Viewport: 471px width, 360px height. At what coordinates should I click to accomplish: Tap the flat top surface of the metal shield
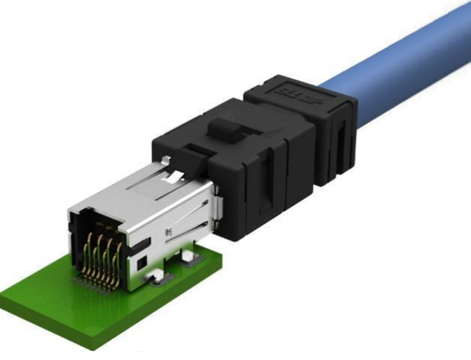point(141,186)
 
